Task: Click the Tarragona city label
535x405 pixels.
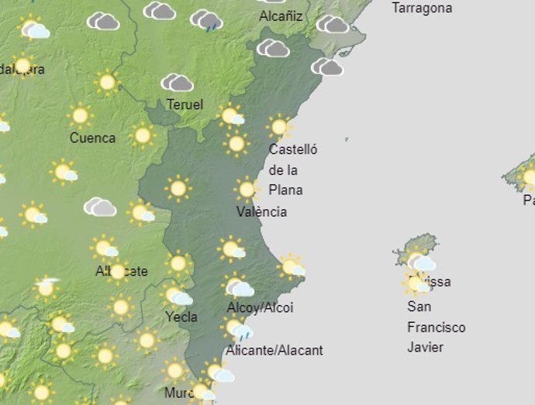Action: tap(422, 9)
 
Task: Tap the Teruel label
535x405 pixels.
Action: tap(185, 104)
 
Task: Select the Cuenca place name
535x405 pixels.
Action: tap(92, 138)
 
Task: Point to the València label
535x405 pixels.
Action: tap(262, 211)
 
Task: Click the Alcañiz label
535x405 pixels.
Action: tap(281, 16)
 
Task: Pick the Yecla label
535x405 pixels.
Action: tap(181, 316)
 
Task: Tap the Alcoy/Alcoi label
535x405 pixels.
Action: tap(260, 307)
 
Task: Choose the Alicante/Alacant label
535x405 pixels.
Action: tap(274, 350)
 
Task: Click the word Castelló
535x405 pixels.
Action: tap(292, 149)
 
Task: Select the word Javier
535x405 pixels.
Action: tap(425, 347)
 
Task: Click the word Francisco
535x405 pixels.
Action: tap(436, 327)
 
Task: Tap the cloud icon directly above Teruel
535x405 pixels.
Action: tap(177, 82)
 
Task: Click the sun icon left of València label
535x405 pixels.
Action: tap(247, 189)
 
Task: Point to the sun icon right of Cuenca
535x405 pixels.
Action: tap(142, 136)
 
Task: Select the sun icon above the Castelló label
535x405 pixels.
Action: tap(279, 125)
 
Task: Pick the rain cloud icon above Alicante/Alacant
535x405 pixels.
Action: tap(240, 331)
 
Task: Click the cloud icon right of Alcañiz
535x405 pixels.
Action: tap(332, 24)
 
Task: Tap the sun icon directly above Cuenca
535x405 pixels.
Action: tap(79, 116)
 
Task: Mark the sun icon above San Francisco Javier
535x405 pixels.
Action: tap(416, 283)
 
